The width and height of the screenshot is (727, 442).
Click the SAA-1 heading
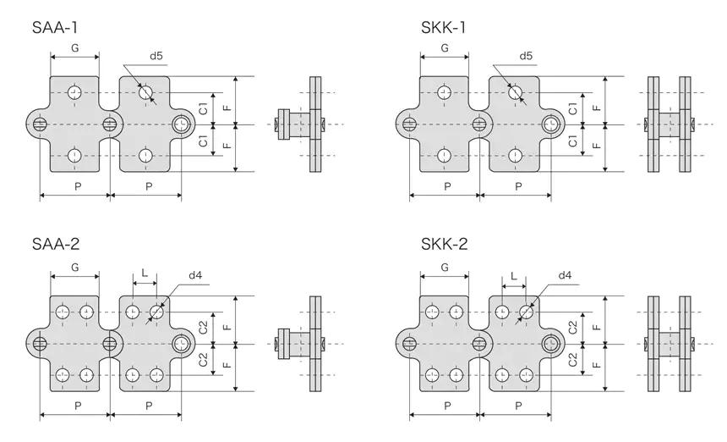pyautogui.click(x=55, y=28)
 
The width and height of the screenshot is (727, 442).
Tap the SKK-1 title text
pyautogui.click(x=443, y=28)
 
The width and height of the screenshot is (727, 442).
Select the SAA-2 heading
pyautogui.click(x=56, y=244)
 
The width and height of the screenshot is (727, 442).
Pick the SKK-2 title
pyautogui.click(x=445, y=244)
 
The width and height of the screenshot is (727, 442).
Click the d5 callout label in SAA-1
pyautogui.click(x=156, y=56)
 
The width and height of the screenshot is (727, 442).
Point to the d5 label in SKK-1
pyautogui.click(x=526, y=56)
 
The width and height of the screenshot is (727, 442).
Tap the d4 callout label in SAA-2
pyautogui.click(x=195, y=275)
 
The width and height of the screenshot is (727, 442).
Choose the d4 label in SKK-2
pyautogui.click(x=565, y=275)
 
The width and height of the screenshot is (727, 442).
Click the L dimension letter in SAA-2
pyautogui.click(x=145, y=273)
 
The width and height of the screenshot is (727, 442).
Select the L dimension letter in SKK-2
pyautogui.click(x=514, y=276)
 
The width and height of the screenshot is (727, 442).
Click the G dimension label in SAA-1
pyautogui.click(x=75, y=47)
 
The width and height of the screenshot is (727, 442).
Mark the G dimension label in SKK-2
pyautogui.click(x=445, y=268)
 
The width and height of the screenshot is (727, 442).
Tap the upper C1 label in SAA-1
pyautogui.click(x=203, y=108)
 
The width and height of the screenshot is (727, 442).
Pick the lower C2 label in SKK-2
pyautogui.click(x=572, y=359)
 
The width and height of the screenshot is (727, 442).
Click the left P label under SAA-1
pyautogui.click(x=78, y=186)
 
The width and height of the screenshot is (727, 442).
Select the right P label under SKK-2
pyautogui.click(x=518, y=406)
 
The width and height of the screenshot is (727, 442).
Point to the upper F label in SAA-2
pyautogui.click(x=227, y=327)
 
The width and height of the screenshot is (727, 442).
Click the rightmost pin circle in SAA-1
pyautogui.click(x=181, y=124)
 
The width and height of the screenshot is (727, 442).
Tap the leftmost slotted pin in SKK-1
pyautogui.click(x=409, y=124)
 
